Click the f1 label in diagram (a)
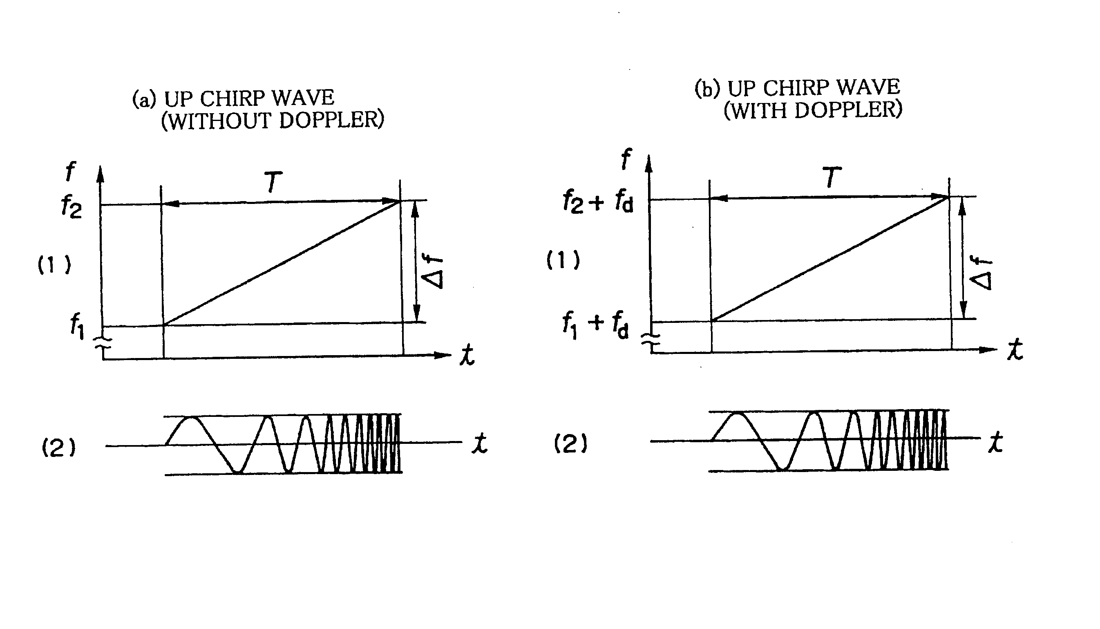77,326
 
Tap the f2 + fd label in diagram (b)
598,202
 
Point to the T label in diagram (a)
273,182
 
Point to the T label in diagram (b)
832,177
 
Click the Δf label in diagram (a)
432,272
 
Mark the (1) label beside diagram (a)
54,265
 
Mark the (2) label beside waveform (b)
570,444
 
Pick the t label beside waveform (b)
995,442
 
